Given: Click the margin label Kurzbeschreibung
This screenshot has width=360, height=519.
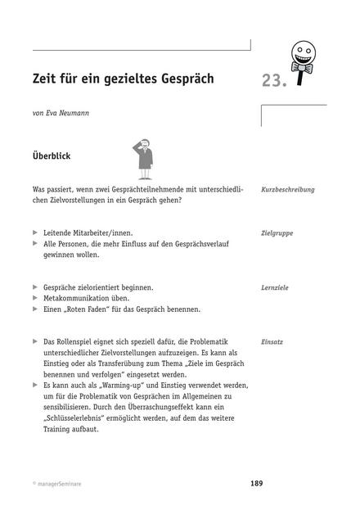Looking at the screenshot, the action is [287, 189].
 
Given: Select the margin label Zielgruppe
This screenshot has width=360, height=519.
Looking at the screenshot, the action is [277, 233].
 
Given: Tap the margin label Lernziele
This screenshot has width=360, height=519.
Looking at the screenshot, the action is [275, 288].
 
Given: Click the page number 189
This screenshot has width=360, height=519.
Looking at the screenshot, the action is [257, 484].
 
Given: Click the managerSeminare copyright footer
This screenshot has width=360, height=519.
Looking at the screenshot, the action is [57, 485].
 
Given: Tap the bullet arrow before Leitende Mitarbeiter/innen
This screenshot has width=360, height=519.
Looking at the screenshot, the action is [34, 233].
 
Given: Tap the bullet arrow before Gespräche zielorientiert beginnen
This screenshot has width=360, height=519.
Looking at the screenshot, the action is [34, 288].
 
